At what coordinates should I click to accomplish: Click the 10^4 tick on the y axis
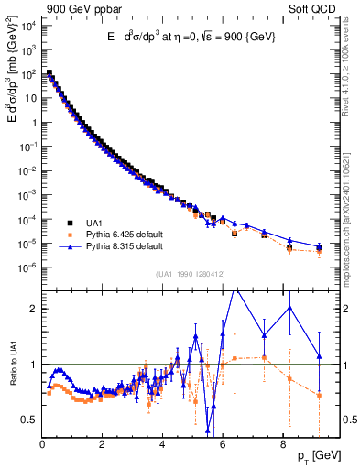point(28,25)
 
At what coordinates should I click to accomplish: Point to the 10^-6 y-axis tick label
point(28,267)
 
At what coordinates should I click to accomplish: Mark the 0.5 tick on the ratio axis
point(29,420)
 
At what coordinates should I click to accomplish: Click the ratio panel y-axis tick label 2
point(34,309)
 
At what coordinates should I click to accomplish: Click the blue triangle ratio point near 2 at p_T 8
point(290,307)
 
